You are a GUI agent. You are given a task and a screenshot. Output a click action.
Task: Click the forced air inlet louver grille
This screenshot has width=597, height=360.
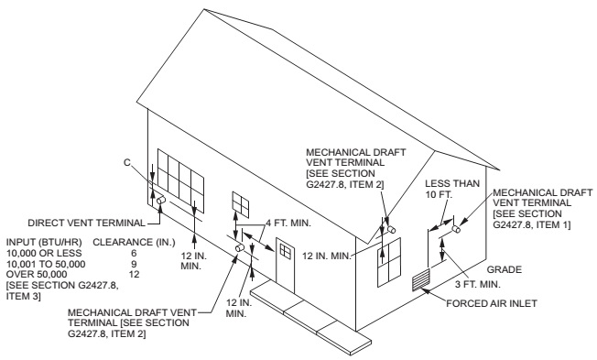pos(419,279)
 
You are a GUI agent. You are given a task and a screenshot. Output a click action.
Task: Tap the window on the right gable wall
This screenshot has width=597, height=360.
pos(388,264)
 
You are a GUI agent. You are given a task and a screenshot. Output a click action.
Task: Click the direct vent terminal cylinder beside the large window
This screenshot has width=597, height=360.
pos(161,199)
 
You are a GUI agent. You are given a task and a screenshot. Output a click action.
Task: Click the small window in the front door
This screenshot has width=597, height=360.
pos(286,248)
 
